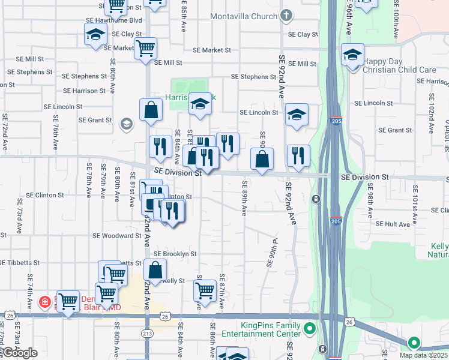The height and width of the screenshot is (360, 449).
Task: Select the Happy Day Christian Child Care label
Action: [x=400, y=65]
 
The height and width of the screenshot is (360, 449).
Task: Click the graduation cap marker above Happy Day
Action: [x=352, y=55]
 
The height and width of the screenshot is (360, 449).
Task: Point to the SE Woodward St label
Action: [x=116, y=236]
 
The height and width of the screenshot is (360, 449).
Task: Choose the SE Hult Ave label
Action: [x=393, y=224]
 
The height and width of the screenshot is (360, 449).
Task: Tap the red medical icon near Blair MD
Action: [x=44, y=301]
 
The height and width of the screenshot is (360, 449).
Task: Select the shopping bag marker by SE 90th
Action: [x=262, y=159]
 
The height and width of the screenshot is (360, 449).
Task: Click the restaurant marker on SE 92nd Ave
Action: [x=298, y=156]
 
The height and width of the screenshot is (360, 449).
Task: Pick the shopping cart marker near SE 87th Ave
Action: [x=205, y=290]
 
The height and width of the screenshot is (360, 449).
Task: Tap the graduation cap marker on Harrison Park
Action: [x=200, y=104]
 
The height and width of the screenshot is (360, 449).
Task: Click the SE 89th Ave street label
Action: [x=244, y=198]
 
